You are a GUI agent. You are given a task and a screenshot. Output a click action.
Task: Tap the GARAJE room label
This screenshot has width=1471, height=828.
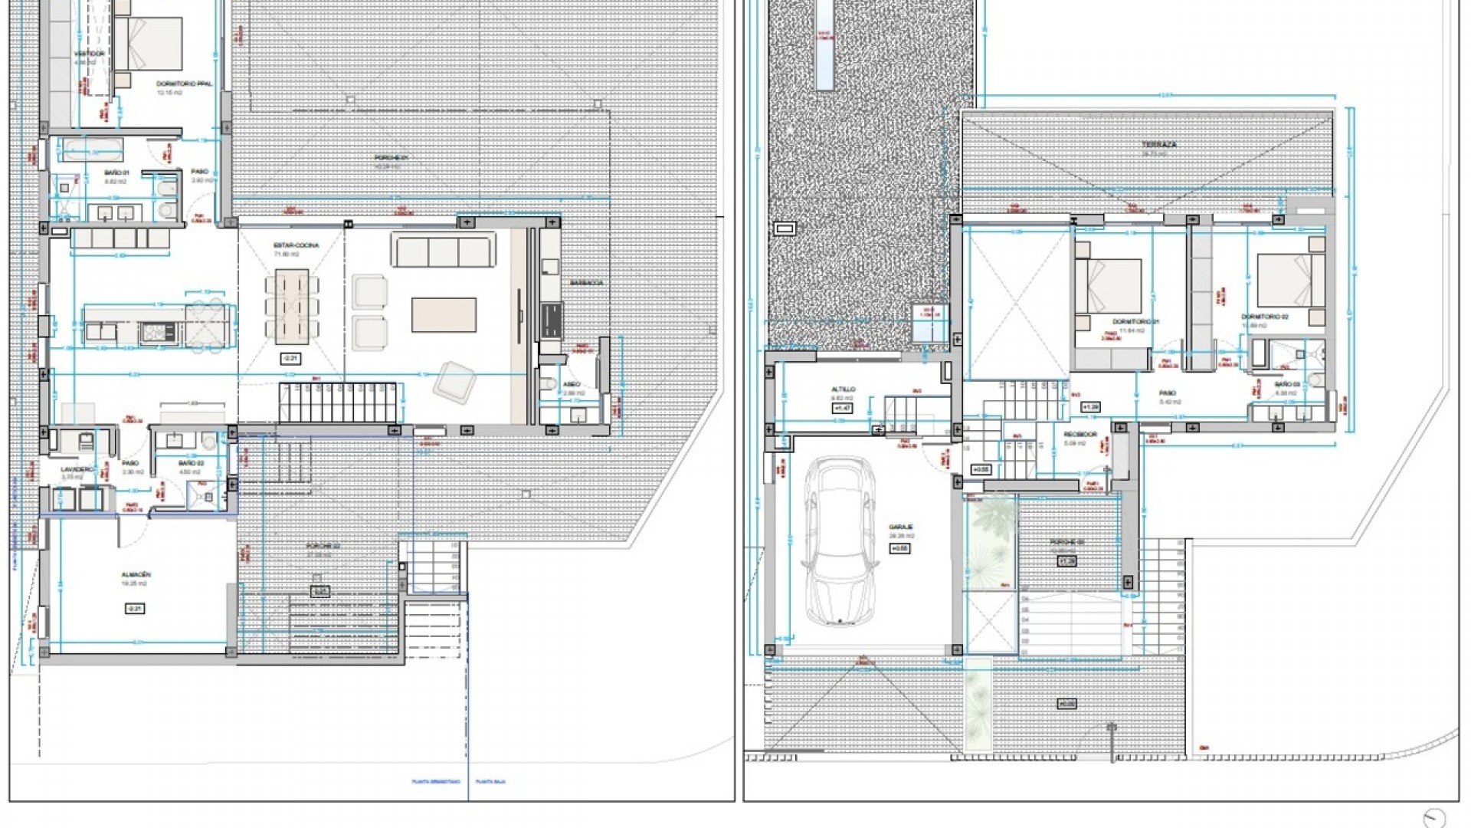click(899, 527)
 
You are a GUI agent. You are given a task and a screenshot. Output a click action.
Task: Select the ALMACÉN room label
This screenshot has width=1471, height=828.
click(135, 574)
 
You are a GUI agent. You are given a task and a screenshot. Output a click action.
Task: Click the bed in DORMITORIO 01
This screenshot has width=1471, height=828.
click(1109, 285)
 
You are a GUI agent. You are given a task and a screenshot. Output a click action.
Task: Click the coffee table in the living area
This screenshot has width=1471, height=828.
click(444, 315)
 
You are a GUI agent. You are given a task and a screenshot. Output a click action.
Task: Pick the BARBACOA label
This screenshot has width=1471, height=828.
click(586, 283)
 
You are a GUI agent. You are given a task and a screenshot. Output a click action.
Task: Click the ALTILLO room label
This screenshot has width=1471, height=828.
click(843, 389)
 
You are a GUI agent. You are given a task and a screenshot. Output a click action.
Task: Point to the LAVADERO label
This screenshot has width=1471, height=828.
click(78, 468)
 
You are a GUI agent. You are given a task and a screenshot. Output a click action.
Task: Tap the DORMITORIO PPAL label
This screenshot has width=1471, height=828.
click(184, 84)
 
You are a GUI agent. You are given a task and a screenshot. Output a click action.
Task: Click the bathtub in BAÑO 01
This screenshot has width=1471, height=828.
click(92, 149)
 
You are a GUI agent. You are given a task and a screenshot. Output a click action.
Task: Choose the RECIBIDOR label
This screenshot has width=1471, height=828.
click(1080, 434)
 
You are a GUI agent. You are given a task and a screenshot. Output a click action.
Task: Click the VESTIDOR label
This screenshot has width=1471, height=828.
click(89, 54)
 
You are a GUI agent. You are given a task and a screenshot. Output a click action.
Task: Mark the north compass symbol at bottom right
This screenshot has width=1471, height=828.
click(1434, 817)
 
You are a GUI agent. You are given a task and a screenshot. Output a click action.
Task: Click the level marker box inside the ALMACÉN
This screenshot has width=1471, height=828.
click(135, 609)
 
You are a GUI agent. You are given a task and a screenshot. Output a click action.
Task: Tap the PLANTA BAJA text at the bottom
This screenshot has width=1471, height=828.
click(490, 782)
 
